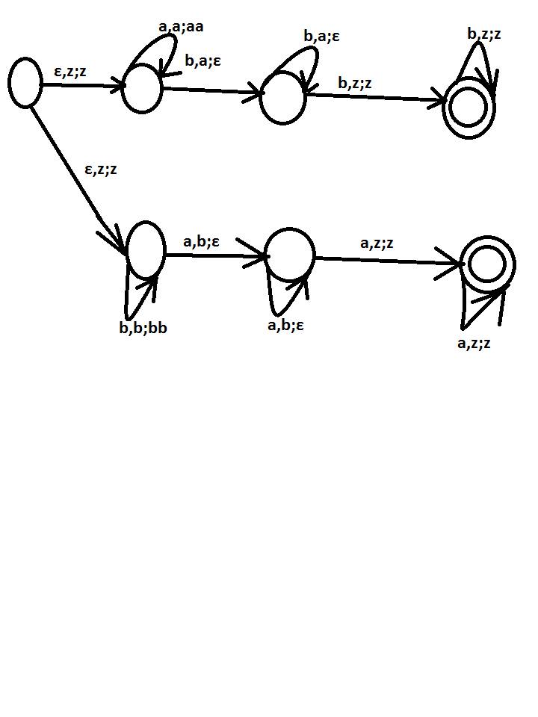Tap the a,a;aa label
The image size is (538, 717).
181,27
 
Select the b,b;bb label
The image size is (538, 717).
143,327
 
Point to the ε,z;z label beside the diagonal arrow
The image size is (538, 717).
101,170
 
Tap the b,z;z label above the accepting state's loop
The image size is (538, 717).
484,34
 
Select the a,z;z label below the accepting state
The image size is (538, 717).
474,343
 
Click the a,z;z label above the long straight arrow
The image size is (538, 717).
377,243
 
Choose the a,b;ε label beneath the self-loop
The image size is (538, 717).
285,325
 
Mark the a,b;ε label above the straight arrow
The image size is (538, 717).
201,241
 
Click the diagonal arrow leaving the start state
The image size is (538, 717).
78,179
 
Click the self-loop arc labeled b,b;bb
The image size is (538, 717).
129,315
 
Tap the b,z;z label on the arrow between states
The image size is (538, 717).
355,83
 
